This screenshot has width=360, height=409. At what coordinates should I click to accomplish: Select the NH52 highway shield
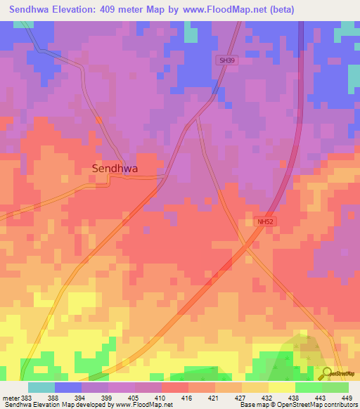coord(264,221)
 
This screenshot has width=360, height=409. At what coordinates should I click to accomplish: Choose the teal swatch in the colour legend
coord(41,387)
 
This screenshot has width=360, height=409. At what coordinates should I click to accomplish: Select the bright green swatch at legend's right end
coord(335,387)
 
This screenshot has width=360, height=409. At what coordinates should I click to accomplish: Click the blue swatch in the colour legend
coord(68,387)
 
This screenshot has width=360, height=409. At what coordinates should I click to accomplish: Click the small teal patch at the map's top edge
coord(191,32)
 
